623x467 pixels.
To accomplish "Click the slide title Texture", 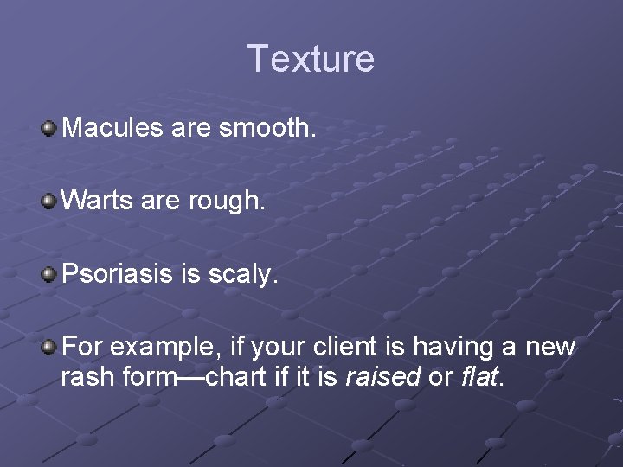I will tap(311, 59).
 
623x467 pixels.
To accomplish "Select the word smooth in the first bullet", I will tap(267, 128).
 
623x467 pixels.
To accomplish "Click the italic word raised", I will tap(383, 377).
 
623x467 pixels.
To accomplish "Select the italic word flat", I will tap(480, 377).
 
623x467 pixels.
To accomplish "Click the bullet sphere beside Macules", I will tap(49, 129).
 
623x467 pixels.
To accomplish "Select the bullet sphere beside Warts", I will tap(49, 202).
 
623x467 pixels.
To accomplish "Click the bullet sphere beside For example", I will tap(49, 347).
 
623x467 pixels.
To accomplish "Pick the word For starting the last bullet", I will tap(82, 347).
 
